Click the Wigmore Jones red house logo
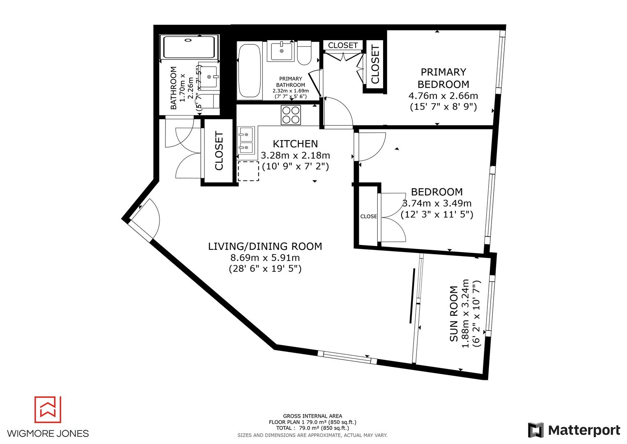[x=48, y=409]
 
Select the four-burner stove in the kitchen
[x=291, y=115]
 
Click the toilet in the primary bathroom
[x=305, y=53]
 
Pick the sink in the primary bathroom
[x=282, y=51]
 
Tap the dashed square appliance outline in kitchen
[x=248, y=171]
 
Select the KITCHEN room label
[x=295, y=144]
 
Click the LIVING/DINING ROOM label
[x=265, y=246]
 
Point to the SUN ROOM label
[x=454, y=314]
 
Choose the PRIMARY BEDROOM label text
[x=443, y=78]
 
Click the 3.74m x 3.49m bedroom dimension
[x=437, y=203]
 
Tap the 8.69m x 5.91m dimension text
[x=265, y=258]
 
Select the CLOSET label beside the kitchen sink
[x=219, y=151]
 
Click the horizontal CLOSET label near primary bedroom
[x=343, y=45]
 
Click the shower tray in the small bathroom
[x=189, y=47]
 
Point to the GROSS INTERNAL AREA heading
[x=312, y=416]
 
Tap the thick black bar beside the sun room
[x=412, y=296]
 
